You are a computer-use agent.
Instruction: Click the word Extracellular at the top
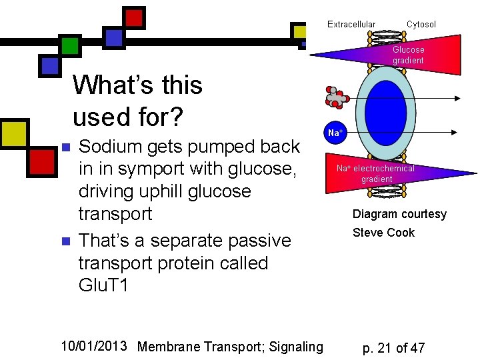(351, 25)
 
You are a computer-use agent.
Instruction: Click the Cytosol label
(421, 25)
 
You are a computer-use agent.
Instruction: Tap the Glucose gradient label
(408, 55)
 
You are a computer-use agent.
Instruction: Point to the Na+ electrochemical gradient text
(375, 173)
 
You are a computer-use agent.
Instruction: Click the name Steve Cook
(383, 233)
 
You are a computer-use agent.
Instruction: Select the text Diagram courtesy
(399, 214)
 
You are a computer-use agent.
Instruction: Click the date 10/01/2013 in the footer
(93, 345)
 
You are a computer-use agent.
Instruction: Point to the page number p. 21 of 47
(393, 347)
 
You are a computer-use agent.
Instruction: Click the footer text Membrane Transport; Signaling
(230, 346)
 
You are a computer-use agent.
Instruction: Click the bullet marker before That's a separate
(65, 241)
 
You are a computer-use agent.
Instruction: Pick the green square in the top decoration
(70, 45)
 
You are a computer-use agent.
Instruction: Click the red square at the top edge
(135, 17)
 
